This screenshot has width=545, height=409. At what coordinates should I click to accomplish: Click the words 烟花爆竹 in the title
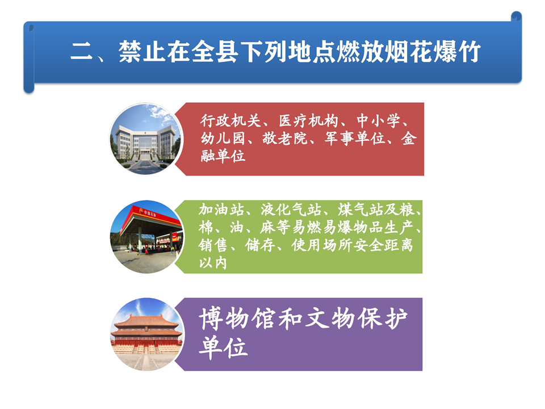pos(433,52)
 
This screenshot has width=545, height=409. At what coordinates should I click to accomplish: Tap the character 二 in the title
pos(81,52)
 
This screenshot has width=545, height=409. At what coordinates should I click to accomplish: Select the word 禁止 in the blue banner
pos(142,52)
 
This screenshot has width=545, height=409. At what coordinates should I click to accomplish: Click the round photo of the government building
pos(146,139)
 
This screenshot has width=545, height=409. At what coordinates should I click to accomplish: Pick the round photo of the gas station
pos(146,237)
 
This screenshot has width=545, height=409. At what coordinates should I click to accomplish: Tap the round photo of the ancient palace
pos(146,334)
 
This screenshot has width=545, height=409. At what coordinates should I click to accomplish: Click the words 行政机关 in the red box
pos(230,120)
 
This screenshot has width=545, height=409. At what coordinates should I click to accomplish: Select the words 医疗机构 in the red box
pos(309,120)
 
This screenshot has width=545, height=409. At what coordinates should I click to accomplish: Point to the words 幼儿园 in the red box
pos(223,139)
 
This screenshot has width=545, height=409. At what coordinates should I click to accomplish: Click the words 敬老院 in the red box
pos(285,139)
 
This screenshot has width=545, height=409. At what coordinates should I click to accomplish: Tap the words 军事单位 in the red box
pos(355,139)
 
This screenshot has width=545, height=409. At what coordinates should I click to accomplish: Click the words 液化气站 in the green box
pos(291,210)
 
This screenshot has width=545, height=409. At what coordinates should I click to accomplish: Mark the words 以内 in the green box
pos(213,263)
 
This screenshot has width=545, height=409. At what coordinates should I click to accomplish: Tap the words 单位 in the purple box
pos(224,347)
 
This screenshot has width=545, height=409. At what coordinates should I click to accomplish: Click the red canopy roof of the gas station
pos(150,216)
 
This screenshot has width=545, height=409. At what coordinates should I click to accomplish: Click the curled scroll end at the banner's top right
pos(516,16)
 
